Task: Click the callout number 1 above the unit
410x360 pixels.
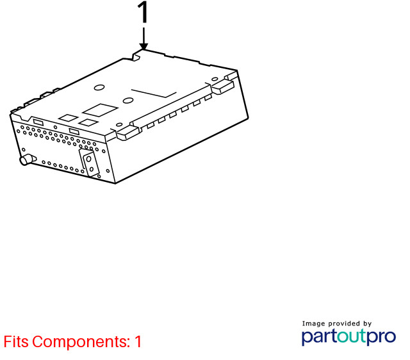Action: coord(143,12)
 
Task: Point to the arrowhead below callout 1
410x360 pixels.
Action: coord(143,46)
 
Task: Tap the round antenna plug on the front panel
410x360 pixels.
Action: coord(28,160)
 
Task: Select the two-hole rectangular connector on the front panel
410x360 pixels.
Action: coord(89,163)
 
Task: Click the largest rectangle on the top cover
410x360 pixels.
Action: coord(100,110)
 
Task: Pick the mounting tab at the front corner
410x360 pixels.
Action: coord(127,133)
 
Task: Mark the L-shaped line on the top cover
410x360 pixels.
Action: coord(154,94)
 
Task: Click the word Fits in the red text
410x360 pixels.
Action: coord(16,341)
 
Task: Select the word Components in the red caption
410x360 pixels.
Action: coord(81,342)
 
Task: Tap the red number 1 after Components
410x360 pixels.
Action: coord(138,341)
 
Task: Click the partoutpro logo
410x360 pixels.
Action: coord(348,337)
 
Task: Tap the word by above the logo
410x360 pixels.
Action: coord(367,324)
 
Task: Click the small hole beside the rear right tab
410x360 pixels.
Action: coord(215,79)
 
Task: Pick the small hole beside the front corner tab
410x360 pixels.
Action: coord(119,124)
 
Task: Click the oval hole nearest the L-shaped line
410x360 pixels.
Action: coord(128,100)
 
